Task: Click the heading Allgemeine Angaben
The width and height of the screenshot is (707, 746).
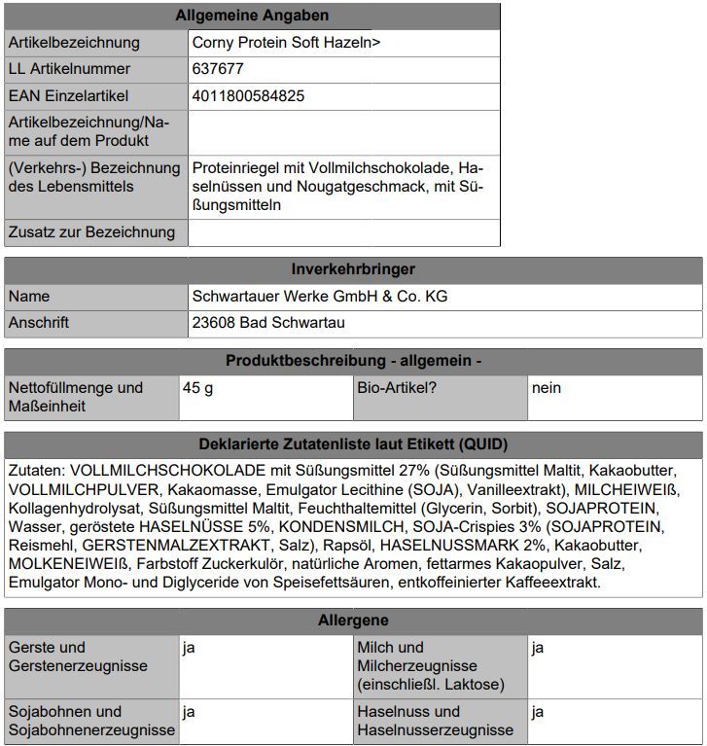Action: click(x=252, y=16)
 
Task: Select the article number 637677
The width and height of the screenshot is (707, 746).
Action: click(x=218, y=69)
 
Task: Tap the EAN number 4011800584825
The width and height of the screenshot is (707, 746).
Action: click(x=248, y=96)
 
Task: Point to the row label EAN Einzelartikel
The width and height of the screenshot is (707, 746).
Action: click(x=68, y=96)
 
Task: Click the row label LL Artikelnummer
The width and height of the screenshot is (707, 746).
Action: click(x=69, y=69)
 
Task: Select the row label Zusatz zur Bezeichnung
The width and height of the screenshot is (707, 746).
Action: click(x=91, y=232)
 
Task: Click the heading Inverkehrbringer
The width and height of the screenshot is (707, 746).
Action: click(x=353, y=269)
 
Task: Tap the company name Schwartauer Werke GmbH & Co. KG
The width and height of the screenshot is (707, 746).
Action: click(x=320, y=297)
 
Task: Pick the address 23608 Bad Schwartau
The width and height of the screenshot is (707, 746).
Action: click(x=268, y=323)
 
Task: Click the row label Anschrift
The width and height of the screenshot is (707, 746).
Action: click(x=39, y=323)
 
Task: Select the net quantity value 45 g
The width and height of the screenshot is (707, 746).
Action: click(x=197, y=388)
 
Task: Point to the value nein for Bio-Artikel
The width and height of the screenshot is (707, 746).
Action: click(x=547, y=388)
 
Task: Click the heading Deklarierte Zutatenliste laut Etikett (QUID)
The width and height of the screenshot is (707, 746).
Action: click(x=353, y=445)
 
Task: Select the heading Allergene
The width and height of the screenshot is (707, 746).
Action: click(x=353, y=621)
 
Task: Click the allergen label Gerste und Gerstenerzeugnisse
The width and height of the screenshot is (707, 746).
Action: click(x=78, y=657)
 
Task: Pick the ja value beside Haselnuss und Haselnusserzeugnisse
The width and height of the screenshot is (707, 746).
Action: click(x=538, y=712)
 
